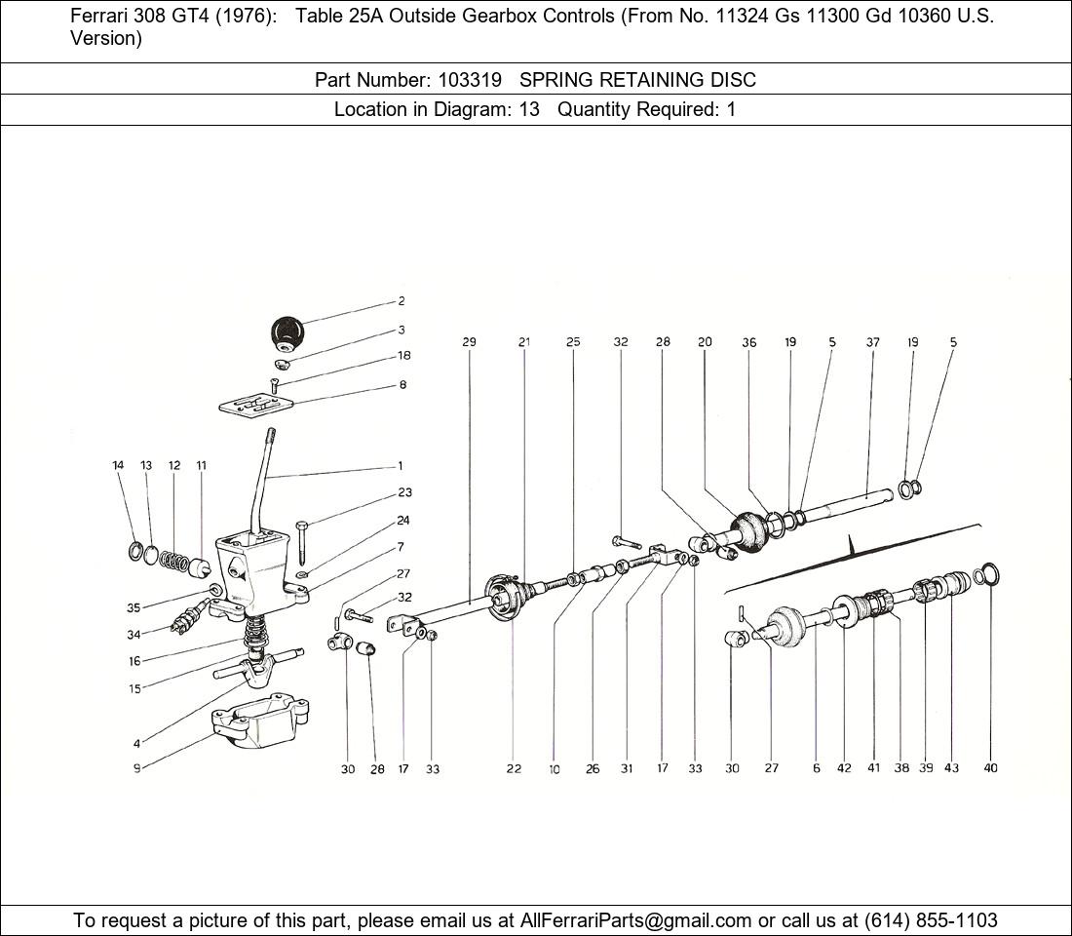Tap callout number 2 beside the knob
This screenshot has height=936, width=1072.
coord(402,301)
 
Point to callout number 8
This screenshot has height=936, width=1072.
coord(402,385)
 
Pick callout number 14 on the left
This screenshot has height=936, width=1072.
coord(118,466)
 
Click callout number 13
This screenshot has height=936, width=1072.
coord(146,466)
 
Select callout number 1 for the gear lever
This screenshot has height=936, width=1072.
coord(401,466)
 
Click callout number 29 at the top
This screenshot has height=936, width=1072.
coord(469,342)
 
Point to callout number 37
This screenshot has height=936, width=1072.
coord(873,342)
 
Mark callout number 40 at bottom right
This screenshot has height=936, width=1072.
coord(990,768)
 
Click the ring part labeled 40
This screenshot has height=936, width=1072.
coord(986,575)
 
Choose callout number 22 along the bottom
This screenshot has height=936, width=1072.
coord(514,769)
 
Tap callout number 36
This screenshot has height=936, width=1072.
coord(748,342)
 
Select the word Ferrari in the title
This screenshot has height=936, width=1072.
coord(100,17)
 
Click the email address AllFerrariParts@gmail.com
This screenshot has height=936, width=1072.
coord(635,920)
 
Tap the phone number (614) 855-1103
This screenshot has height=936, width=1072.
coord(931,920)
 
